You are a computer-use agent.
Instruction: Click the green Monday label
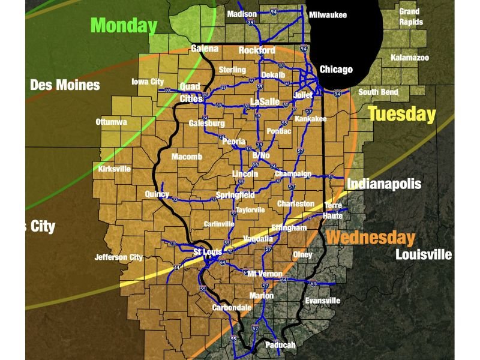[x=124, y=25]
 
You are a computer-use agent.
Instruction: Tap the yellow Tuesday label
[x=401, y=114]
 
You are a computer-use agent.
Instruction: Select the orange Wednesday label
[x=371, y=238]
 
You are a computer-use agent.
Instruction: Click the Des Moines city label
[x=65, y=85]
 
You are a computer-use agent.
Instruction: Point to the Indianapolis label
[x=384, y=184]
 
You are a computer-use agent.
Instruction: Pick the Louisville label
[x=423, y=254]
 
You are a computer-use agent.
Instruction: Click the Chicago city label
[x=336, y=70]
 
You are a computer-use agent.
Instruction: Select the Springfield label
[x=235, y=196]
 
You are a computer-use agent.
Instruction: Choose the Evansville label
[x=322, y=301]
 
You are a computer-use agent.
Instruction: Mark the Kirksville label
[x=114, y=169]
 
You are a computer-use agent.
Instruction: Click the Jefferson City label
[x=119, y=257]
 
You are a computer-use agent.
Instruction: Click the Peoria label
[x=233, y=142]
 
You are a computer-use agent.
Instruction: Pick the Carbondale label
[x=232, y=307]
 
